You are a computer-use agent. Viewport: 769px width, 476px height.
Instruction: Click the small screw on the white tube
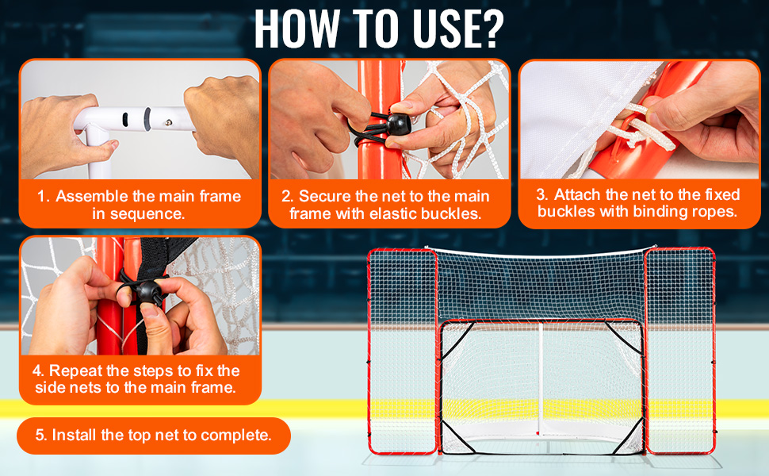pyautogui.click(x=169, y=123)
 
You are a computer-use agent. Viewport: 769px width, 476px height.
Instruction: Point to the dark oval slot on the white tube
pyautogui.click(x=125, y=119)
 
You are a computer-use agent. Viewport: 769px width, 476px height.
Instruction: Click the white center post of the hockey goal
pyautogui.click(x=540, y=378)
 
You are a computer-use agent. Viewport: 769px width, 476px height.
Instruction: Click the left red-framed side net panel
pyautogui.click(x=402, y=351)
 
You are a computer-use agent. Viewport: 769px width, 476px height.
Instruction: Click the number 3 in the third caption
pyautogui.click(x=541, y=195)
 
